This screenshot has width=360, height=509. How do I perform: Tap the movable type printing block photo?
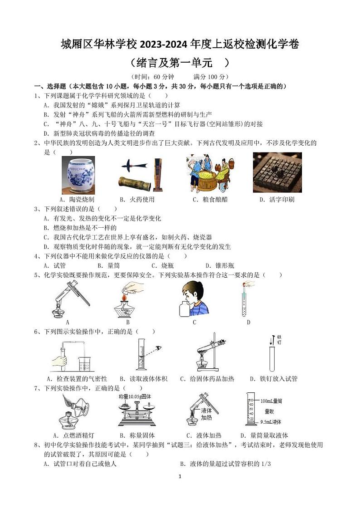pos(277,172)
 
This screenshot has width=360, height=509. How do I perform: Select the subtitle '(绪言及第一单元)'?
pos(180,62)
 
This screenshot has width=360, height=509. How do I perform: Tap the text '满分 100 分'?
pos(211,77)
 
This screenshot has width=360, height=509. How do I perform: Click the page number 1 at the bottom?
pos(180,476)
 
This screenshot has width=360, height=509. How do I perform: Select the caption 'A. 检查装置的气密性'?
pos(77,378)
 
